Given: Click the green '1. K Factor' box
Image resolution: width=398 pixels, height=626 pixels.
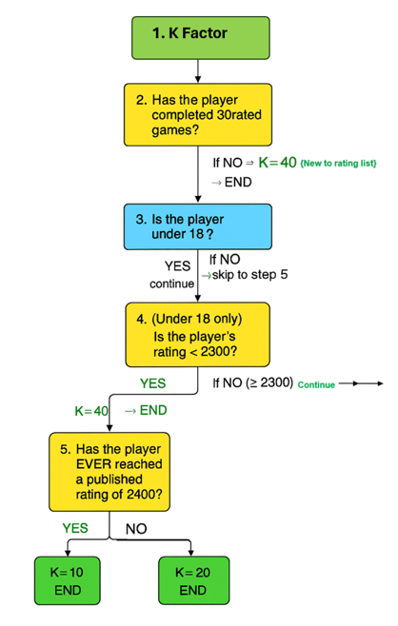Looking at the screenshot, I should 196,35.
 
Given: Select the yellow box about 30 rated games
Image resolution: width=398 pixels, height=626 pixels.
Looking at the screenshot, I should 196,113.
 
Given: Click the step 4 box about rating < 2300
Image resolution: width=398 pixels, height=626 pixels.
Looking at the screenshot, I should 196,333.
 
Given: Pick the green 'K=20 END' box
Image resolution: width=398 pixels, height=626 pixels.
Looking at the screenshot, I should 192,581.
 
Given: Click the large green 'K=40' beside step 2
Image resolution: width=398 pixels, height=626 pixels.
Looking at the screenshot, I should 281,164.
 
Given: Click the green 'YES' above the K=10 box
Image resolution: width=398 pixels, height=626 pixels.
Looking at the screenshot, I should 75,526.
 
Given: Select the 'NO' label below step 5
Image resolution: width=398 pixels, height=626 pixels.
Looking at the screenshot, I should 137,528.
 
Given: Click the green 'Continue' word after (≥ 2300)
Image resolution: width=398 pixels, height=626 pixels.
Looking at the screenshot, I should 316,385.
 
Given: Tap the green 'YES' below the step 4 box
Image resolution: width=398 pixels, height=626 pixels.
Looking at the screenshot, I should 152,384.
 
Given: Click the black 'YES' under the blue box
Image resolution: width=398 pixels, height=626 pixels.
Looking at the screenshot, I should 177,266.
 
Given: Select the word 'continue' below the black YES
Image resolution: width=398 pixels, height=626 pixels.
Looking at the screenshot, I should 171,283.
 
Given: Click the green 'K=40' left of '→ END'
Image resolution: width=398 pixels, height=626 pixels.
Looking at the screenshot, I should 91,411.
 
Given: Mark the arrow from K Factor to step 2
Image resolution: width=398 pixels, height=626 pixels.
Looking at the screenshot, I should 196,68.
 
